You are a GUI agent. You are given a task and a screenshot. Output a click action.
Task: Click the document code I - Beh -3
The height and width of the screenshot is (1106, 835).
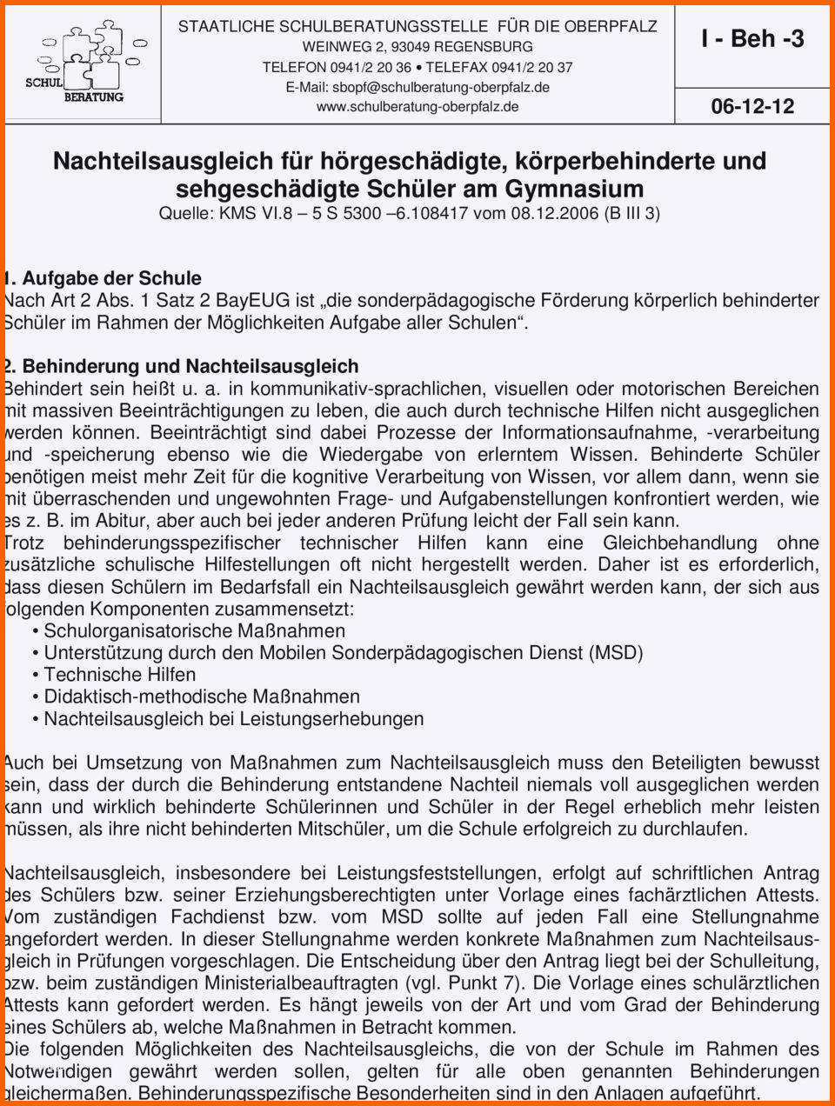pos(752,38)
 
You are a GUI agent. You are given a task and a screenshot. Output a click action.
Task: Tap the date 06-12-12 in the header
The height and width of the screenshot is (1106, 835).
pos(752,106)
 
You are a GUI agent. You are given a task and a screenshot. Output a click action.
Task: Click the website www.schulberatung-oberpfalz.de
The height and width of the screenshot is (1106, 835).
pos(417,107)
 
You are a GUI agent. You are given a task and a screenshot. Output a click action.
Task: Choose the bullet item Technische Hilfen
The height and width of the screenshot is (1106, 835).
pos(119,675)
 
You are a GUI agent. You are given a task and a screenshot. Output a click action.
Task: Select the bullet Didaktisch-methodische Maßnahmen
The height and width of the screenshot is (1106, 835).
pos(201,696)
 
